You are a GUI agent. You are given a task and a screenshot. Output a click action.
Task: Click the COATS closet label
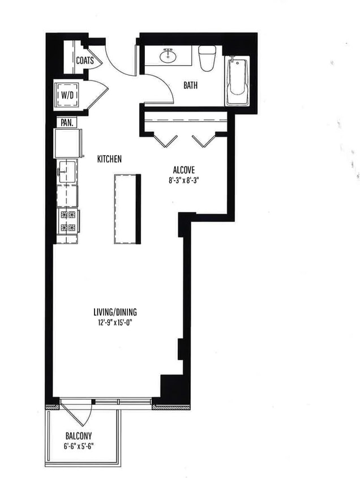(85, 60)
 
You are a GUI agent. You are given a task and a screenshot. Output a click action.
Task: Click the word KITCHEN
(109, 160)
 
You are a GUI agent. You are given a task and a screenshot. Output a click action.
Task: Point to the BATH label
(190, 86)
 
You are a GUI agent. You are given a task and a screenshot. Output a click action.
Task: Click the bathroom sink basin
(168, 56)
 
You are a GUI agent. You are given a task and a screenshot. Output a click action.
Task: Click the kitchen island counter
(127, 208)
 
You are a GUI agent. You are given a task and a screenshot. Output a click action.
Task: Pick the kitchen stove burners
(67, 221)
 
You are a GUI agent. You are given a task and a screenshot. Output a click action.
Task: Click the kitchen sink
(67, 171)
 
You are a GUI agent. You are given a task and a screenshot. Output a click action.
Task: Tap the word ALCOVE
(183, 170)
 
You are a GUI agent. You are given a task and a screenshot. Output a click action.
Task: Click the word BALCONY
(78, 436)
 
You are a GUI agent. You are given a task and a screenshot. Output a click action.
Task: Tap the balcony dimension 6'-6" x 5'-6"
(78, 446)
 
